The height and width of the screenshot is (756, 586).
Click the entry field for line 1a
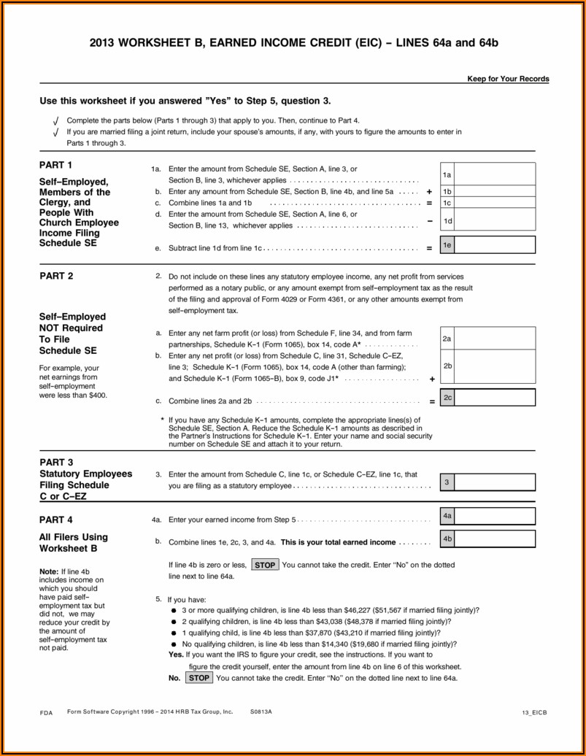tap(496, 175)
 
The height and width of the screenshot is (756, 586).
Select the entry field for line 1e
tap(496, 246)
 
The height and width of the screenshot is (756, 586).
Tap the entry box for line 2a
tap(496, 339)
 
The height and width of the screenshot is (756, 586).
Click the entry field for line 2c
tap(496, 398)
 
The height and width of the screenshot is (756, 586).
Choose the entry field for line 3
tap(496, 482)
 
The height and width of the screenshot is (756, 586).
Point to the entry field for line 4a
tap(496, 517)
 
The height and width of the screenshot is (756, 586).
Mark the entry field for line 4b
tap(496, 540)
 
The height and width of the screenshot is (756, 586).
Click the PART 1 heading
tap(56, 165)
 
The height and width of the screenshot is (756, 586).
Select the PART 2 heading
tap(56, 276)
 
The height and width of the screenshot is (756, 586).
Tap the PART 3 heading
tap(56, 462)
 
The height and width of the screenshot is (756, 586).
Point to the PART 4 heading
tap(56, 520)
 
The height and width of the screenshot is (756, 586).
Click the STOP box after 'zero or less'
tap(265, 565)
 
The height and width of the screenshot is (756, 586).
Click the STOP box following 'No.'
tap(198, 678)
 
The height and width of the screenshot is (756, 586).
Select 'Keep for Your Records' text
tap(508, 79)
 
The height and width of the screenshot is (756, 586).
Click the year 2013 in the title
tap(104, 43)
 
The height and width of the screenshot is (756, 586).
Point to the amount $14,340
tap(359, 644)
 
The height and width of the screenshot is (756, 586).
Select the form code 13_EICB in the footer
tap(535, 711)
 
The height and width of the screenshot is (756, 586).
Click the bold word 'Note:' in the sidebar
tap(49, 571)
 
